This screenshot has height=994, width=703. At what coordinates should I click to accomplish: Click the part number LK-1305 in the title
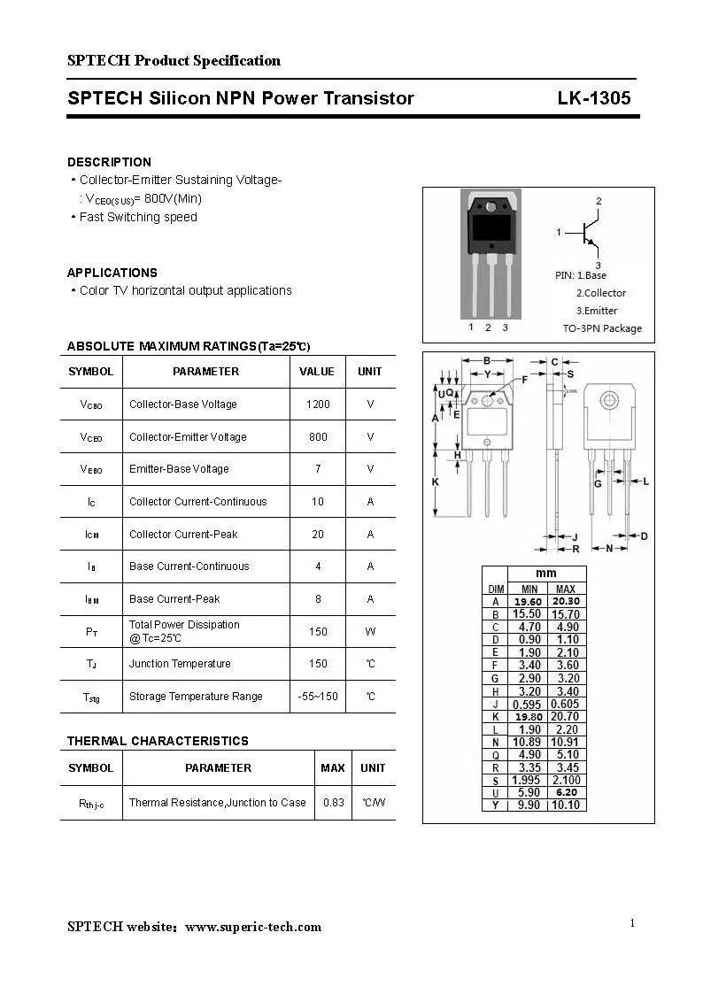click(x=593, y=98)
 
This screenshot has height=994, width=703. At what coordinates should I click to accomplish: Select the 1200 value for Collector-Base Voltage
click(x=318, y=405)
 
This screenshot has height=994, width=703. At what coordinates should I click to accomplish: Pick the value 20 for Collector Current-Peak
click(x=318, y=535)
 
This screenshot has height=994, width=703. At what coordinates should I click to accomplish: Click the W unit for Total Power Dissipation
click(x=370, y=632)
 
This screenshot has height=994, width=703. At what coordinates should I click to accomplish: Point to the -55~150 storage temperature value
click(x=318, y=697)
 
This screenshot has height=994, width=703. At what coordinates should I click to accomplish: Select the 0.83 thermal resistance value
click(x=333, y=803)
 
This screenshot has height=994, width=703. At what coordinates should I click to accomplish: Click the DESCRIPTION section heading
click(x=109, y=162)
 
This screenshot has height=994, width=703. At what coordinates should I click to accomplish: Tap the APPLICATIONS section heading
click(x=112, y=273)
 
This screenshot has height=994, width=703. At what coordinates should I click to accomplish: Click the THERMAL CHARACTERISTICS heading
click(x=158, y=741)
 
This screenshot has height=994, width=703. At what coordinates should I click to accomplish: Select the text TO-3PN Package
click(x=602, y=328)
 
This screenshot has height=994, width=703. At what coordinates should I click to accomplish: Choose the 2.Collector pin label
click(x=600, y=293)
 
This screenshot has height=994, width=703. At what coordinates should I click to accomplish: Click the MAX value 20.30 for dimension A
click(x=566, y=602)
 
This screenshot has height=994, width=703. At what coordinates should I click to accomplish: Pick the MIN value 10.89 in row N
click(x=529, y=742)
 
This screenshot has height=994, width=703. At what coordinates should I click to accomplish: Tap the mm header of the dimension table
click(x=546, y=574)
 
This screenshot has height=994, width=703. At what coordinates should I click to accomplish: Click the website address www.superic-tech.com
click(x=253, y=927)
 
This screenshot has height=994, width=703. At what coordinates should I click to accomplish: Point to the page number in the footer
click(x=632, y=923)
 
